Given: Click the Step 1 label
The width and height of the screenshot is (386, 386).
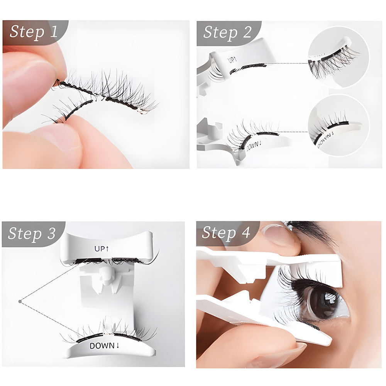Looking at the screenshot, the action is (x=34, y=32).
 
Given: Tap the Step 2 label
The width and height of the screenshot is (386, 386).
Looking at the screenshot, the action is (x=227, y=32).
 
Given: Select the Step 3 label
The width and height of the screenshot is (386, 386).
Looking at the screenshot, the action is (x=32, y=233).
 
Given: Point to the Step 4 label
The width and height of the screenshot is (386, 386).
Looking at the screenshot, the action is (x=226, y=232).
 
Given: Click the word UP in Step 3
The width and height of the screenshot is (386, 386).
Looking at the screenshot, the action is (x=100, y=249).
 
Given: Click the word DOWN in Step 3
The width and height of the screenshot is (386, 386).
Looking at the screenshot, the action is (x=102, y=346).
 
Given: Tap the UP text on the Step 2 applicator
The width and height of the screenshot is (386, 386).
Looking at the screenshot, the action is (x=231, y=60).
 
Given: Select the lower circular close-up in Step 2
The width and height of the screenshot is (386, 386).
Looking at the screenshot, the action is (x=339, y=125).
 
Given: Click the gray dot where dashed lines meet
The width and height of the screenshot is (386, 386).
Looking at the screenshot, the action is (x=20, y=301).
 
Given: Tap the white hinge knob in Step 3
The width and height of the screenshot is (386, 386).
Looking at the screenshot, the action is (x=105, y=277).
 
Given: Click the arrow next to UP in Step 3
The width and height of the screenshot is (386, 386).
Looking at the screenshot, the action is (x=107, y=249).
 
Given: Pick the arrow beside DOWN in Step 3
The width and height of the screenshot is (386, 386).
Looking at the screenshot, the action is (x=118, y=345).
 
